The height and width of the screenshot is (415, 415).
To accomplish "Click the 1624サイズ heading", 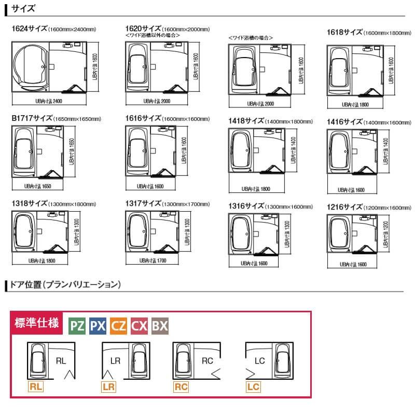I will tap(29, 30).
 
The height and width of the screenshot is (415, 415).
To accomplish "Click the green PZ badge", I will tap(77, 326).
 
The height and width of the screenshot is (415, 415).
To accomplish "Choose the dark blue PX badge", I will tap(98, 326).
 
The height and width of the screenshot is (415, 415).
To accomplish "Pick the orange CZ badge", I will tap(119, 326).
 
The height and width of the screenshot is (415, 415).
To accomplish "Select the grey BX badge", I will tap(160, 326).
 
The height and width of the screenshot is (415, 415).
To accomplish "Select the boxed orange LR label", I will tap(108, 386).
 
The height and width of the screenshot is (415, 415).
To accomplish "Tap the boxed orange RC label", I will tap(181, 386).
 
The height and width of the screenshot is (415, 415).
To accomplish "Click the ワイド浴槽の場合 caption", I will tap(251, 38).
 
